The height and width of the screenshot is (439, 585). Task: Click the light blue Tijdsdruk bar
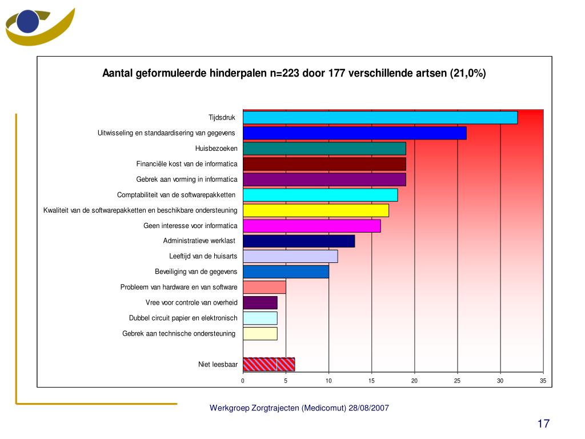click(x=380, y=118)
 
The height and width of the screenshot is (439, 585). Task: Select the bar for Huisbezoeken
click(x=324, y=149)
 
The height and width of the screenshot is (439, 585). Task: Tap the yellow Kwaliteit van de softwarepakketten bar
click(x=316, y=210)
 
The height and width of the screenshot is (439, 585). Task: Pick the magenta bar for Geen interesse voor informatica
click(x=312, y=226)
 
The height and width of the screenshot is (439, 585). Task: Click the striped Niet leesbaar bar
click(x=269, y=364)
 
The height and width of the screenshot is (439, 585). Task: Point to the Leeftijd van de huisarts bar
click(x=290, y=257)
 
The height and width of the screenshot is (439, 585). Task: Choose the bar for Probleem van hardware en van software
click(x=265, y=288)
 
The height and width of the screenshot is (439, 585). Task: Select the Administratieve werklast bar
click(x=299, y=241)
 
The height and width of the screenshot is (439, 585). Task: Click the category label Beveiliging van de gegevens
click(x=196, y=272)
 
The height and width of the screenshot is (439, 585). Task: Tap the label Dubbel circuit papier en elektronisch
click(x=183, y=318)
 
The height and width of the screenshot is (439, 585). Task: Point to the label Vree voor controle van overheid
click(x=191, y=303)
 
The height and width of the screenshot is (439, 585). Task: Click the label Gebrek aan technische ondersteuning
click(x=179, y=334)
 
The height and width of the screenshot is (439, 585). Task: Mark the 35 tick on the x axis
click(x=543, y=381)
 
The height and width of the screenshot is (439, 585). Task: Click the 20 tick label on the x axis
click(x=415, y=381)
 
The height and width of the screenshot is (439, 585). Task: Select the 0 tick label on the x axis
click(x=243, y=381)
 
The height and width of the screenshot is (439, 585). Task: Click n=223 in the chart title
click(x=285, y=73)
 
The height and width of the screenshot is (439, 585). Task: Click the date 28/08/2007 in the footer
click(x=368, y=408)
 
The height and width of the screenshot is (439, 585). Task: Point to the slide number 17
click(x=544, y=424)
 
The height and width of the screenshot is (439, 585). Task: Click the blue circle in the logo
click(x=28, y=22)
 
